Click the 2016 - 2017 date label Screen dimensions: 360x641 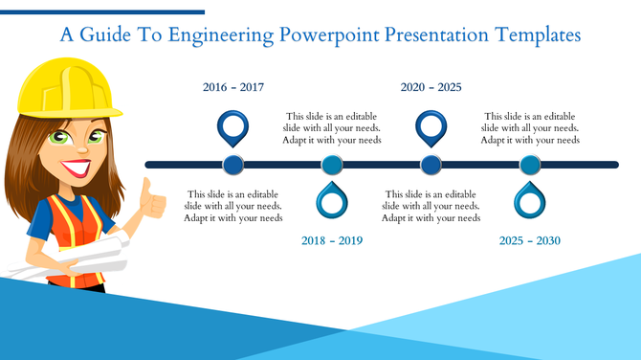(x=233, y=87)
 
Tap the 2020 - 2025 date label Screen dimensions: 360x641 (x=431, y=87)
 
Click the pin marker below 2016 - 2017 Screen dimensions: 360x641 (x=233, y=125)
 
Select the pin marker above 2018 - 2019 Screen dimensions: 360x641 (x=332, y=202)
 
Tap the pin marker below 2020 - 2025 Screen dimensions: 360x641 (x=431, y=125)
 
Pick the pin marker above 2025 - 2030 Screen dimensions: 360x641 (x=530, y=202)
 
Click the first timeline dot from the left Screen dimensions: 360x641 (x=233, y=165)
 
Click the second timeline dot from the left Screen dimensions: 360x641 (x=332, y=165)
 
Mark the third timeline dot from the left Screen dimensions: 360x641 (x=431, y=165)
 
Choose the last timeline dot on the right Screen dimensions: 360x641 (x=530, y=165)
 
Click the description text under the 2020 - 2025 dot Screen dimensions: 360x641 (x=431, y=206)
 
